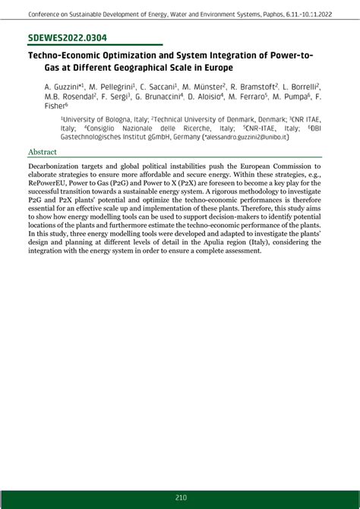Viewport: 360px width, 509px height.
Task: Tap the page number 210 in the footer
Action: click(x=180, y=498)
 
